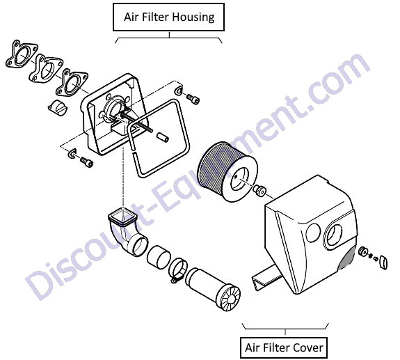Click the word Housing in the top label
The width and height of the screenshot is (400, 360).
(x=193, y=17)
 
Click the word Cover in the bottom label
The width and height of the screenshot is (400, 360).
(x=308, y=347)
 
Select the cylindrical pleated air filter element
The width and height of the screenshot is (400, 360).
(x=227, y=171)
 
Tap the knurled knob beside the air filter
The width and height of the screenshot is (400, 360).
(x=259, y=191)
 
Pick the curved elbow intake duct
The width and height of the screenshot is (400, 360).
(x=127, y=234)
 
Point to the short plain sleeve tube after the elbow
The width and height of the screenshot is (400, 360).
(x=159, y=257)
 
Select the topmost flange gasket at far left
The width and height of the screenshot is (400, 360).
(x=22, y=54)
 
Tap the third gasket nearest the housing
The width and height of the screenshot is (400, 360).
(x=72, y=82)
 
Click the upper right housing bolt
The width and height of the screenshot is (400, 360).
(x=193, y=99)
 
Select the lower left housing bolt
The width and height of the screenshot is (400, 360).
(x=86, y=162)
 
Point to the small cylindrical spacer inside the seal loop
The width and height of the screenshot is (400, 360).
(x=163, y=136)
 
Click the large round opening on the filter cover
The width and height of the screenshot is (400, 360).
(x=335, y=235)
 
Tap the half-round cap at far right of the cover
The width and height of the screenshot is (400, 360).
(x=383, y=262)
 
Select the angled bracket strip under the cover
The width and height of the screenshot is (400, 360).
(x=266, y=278)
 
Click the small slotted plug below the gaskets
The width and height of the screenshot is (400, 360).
(x=58, y=107)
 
